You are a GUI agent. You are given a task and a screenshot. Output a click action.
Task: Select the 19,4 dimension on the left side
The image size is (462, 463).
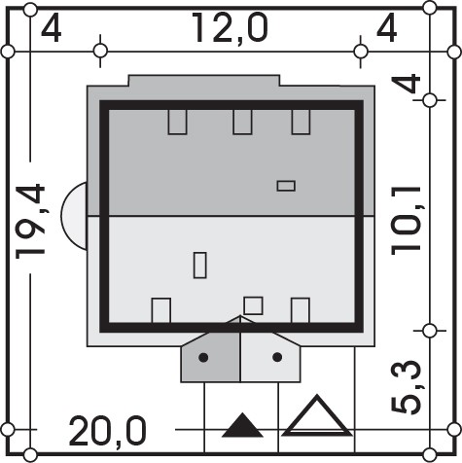tap(30, 222)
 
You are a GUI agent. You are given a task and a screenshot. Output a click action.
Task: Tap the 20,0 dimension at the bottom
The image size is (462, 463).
tap(108, 432)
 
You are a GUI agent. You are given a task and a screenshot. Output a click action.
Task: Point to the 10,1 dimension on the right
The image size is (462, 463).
tap(406, 221)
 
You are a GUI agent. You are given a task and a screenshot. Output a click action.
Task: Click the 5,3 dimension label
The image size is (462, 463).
tap(406, 387)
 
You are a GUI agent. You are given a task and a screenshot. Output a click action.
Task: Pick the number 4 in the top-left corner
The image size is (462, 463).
tap(52, 29)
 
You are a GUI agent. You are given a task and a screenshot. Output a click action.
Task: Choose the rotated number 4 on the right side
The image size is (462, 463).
tap(406, 83)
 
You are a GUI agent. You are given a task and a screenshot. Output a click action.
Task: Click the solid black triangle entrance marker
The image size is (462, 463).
tap(242, 425)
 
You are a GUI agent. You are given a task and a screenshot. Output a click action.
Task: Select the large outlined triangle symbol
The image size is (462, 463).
tap(316, 416)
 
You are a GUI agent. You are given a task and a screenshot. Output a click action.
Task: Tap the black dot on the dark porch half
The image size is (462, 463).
tap(203, 358)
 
